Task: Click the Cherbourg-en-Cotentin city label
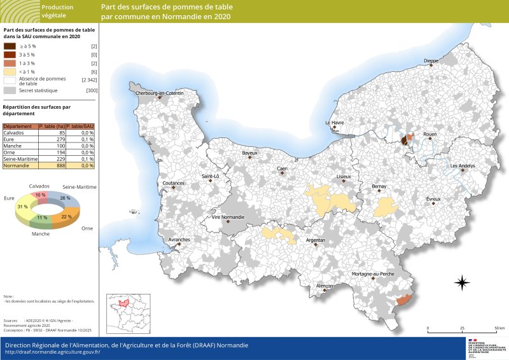click(159, 93)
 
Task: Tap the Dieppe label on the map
click(431, 60)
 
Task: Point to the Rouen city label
click(430, 134)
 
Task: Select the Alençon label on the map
click(324, 286)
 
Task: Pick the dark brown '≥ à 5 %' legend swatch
click(10, 46)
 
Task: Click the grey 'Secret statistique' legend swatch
click(10, 91)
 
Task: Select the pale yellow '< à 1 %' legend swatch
click(10, 72)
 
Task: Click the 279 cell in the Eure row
click(52, 139)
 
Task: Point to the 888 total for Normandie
click(52, 165)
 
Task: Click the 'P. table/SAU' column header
click(80, 126)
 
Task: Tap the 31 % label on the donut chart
click(23, 207)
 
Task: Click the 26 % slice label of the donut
click(66, 198)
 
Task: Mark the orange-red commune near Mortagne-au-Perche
click(403, 299)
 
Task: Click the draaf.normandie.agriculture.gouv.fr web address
click(53, 352)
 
